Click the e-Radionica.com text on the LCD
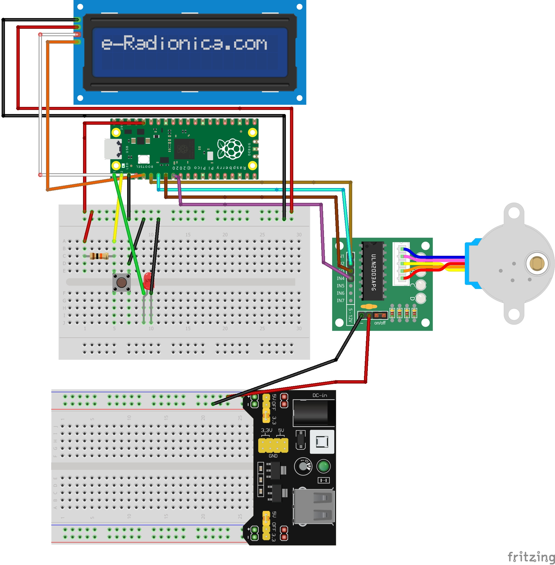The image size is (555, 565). (184, 43)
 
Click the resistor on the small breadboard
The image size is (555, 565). (99, 256)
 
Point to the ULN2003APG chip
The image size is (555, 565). (373, 271)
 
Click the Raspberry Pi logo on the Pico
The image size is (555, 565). (230, 149)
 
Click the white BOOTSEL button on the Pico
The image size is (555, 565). (144, 159)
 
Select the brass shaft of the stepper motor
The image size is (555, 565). (537, 263)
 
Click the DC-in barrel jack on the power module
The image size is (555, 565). (314, 412)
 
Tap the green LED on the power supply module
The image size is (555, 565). (323, 466)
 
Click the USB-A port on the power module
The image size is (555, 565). (314, 506)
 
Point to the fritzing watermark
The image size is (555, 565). (531, 557)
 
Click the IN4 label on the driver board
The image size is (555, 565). (340, 279)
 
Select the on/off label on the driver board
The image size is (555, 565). (380, 323)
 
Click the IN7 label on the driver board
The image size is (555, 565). (340, 300)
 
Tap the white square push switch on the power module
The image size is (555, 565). (322, 442)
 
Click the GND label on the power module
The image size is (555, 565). (273, 456)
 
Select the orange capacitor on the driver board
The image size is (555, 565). (369, 306)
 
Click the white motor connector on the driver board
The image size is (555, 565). (401, 264)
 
